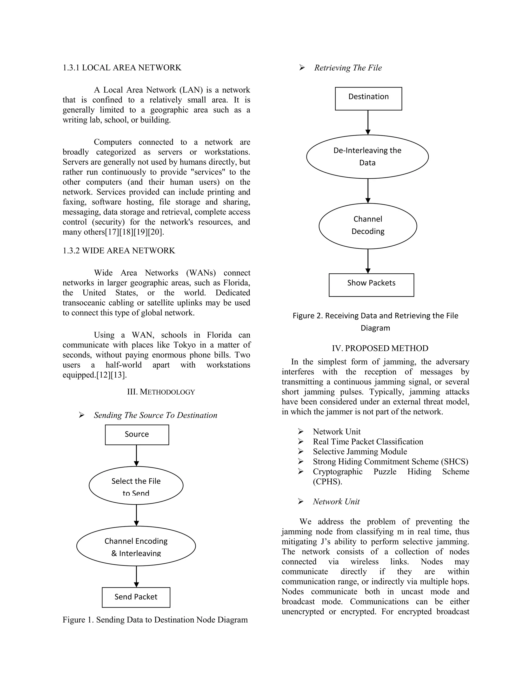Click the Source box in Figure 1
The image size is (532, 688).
coord(137,434)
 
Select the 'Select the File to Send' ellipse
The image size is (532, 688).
coord(136,485)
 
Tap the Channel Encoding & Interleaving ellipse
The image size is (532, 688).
coord(136,546)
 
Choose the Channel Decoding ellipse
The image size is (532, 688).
coord(368,226)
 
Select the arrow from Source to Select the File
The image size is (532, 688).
coord(136,455)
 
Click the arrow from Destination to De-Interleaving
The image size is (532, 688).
coord(368,122)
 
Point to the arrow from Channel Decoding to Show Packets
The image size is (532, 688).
coord(368,261)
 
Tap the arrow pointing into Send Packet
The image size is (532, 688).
coord(136,576)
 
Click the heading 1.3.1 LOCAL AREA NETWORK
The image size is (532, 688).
coord(122,68)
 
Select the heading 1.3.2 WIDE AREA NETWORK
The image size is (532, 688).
coord(118,251)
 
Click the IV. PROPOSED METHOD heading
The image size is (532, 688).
coord(380,348)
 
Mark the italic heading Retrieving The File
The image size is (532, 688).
coord(348,68)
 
